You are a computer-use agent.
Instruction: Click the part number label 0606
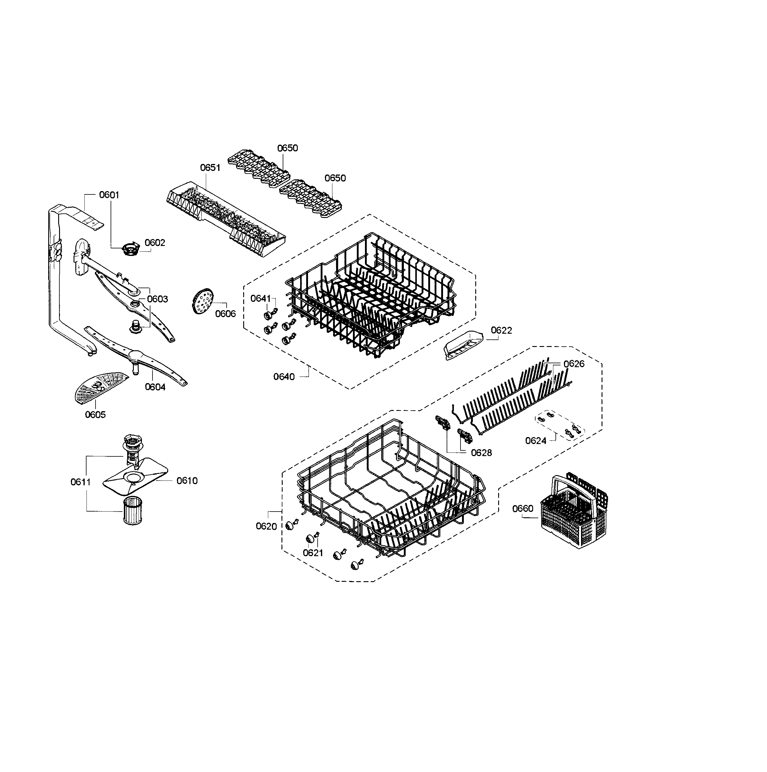(x=225, y=314)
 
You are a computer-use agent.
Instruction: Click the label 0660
(x=523, y=508)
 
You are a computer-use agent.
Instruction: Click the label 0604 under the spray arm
(x=155, y=387)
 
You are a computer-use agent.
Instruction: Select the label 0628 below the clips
(x=481, y=452)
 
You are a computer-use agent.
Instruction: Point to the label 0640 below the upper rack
(x=284, y=377)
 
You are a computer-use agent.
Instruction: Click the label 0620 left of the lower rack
(x=266, y=526)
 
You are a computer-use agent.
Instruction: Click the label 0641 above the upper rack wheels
(x=260, y=298)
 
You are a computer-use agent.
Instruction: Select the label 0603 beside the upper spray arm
(x=157, y=299)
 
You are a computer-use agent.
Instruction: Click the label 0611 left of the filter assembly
(x=81, y=482)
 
